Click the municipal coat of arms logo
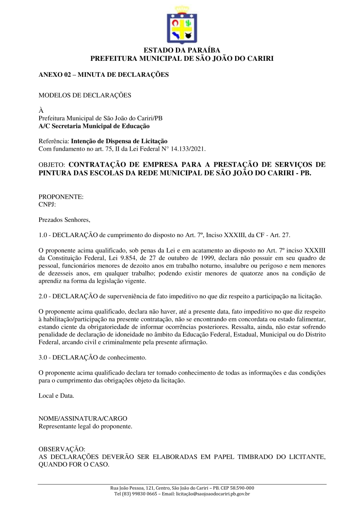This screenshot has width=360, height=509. click(182, 24)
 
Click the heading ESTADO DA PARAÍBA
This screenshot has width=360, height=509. click(182, 50)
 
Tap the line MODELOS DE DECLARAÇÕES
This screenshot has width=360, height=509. click(85, 96)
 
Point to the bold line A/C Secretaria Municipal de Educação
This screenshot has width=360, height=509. click(94, 126)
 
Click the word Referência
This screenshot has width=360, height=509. click(54, 141)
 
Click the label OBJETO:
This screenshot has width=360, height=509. click(52, 164)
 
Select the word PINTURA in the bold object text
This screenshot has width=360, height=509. click(54, 173)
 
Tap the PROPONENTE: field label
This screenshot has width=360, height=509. click(61, 197)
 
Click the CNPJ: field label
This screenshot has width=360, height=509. click(47, 204)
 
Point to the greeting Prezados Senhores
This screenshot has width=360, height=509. click(64, 220)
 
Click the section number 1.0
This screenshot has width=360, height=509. click(43, 235)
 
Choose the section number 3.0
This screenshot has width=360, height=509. click(43, 357)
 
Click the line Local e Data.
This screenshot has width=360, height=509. click(56, 395)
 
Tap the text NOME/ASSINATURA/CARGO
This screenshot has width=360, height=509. click(83, 419)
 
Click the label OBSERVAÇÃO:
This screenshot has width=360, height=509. click(62, 449)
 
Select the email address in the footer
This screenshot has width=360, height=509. click(213, 494)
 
